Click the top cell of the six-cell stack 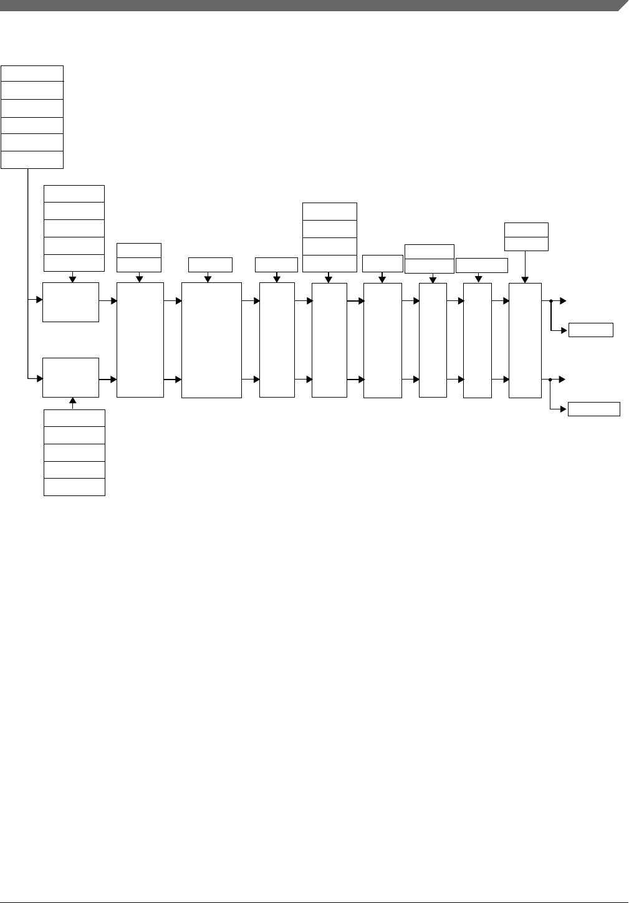32,73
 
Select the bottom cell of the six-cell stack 32,160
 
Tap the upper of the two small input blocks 70,302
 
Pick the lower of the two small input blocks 70,378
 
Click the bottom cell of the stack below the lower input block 74,487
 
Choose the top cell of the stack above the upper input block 74,193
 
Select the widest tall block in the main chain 211,340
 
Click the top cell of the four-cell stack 329,211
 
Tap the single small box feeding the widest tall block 210,264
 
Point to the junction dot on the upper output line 551,301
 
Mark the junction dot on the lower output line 550,379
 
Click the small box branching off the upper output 590,330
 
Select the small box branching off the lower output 593,409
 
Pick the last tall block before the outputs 525,340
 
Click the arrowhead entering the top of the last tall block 525,279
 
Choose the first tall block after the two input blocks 140,340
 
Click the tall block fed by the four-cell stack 329,340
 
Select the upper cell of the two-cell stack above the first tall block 139,250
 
